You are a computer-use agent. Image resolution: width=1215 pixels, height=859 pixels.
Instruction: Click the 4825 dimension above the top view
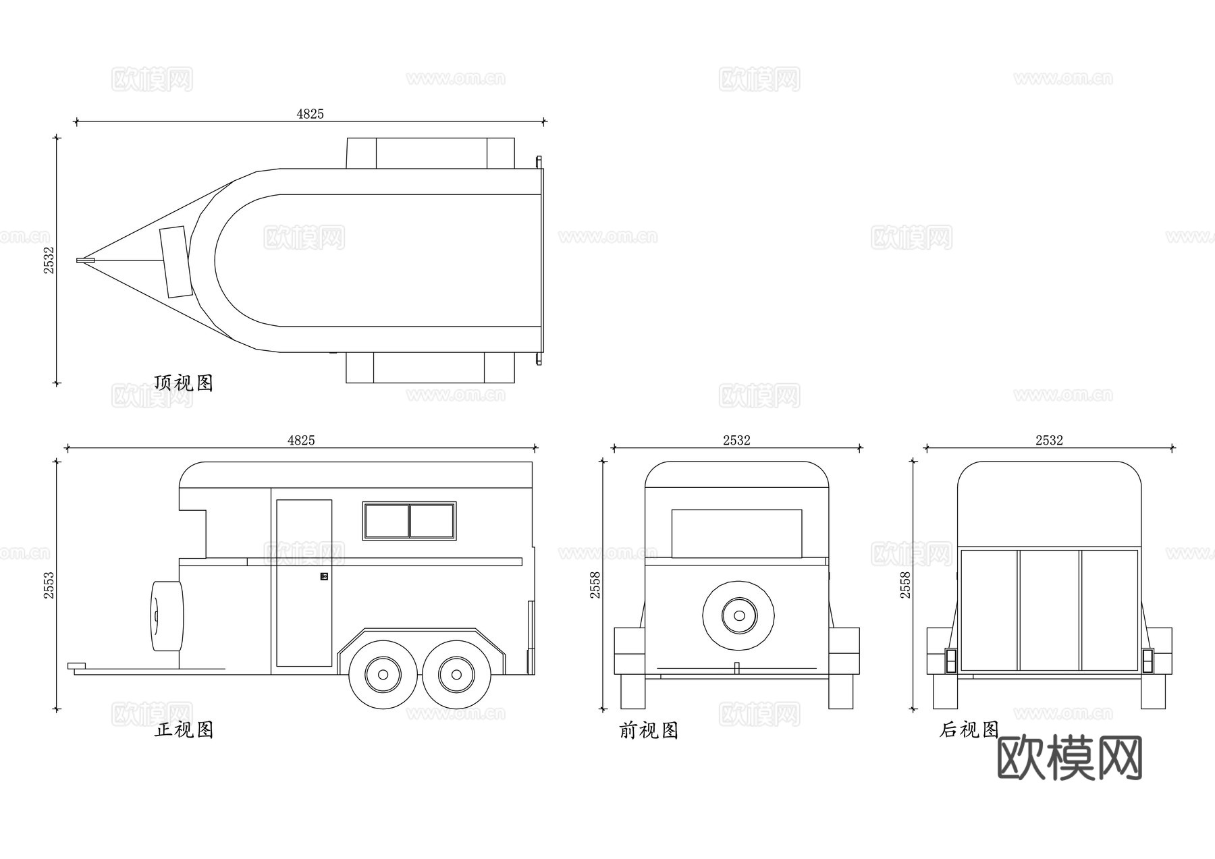coord(310,114)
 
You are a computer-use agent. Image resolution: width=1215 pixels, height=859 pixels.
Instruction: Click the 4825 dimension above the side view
coord(301,441)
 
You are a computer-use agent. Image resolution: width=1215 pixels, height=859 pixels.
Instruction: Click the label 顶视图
coord(184,383)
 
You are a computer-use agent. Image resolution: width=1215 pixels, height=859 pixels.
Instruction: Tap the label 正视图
coord(184,730)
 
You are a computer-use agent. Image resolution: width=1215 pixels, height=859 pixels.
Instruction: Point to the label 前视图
coord(649,731)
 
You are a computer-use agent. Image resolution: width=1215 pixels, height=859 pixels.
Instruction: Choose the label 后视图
coord(969,730)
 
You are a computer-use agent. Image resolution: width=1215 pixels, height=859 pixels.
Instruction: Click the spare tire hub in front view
coord(738,615)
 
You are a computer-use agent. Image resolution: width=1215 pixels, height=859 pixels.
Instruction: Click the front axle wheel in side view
coord(383,674)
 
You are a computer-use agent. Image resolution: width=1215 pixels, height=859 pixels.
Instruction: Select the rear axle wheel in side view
coord(456,674)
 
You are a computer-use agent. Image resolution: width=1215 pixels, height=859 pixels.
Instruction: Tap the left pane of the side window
coord(387,521)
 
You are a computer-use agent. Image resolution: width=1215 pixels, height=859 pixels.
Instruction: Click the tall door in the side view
coord(304,584)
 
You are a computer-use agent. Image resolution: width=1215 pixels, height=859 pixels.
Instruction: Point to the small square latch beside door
coord(324,576)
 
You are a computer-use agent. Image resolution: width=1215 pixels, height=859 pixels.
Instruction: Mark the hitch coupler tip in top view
coord(82,260)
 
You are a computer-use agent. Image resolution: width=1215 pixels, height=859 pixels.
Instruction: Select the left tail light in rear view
coord(951,661)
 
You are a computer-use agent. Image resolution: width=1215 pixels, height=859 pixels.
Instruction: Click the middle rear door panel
coord(1049,609)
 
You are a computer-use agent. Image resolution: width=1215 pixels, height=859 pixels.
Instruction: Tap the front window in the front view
coord(736,533)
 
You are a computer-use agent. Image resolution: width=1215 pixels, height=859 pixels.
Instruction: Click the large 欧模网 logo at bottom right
coord(1069,758)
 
